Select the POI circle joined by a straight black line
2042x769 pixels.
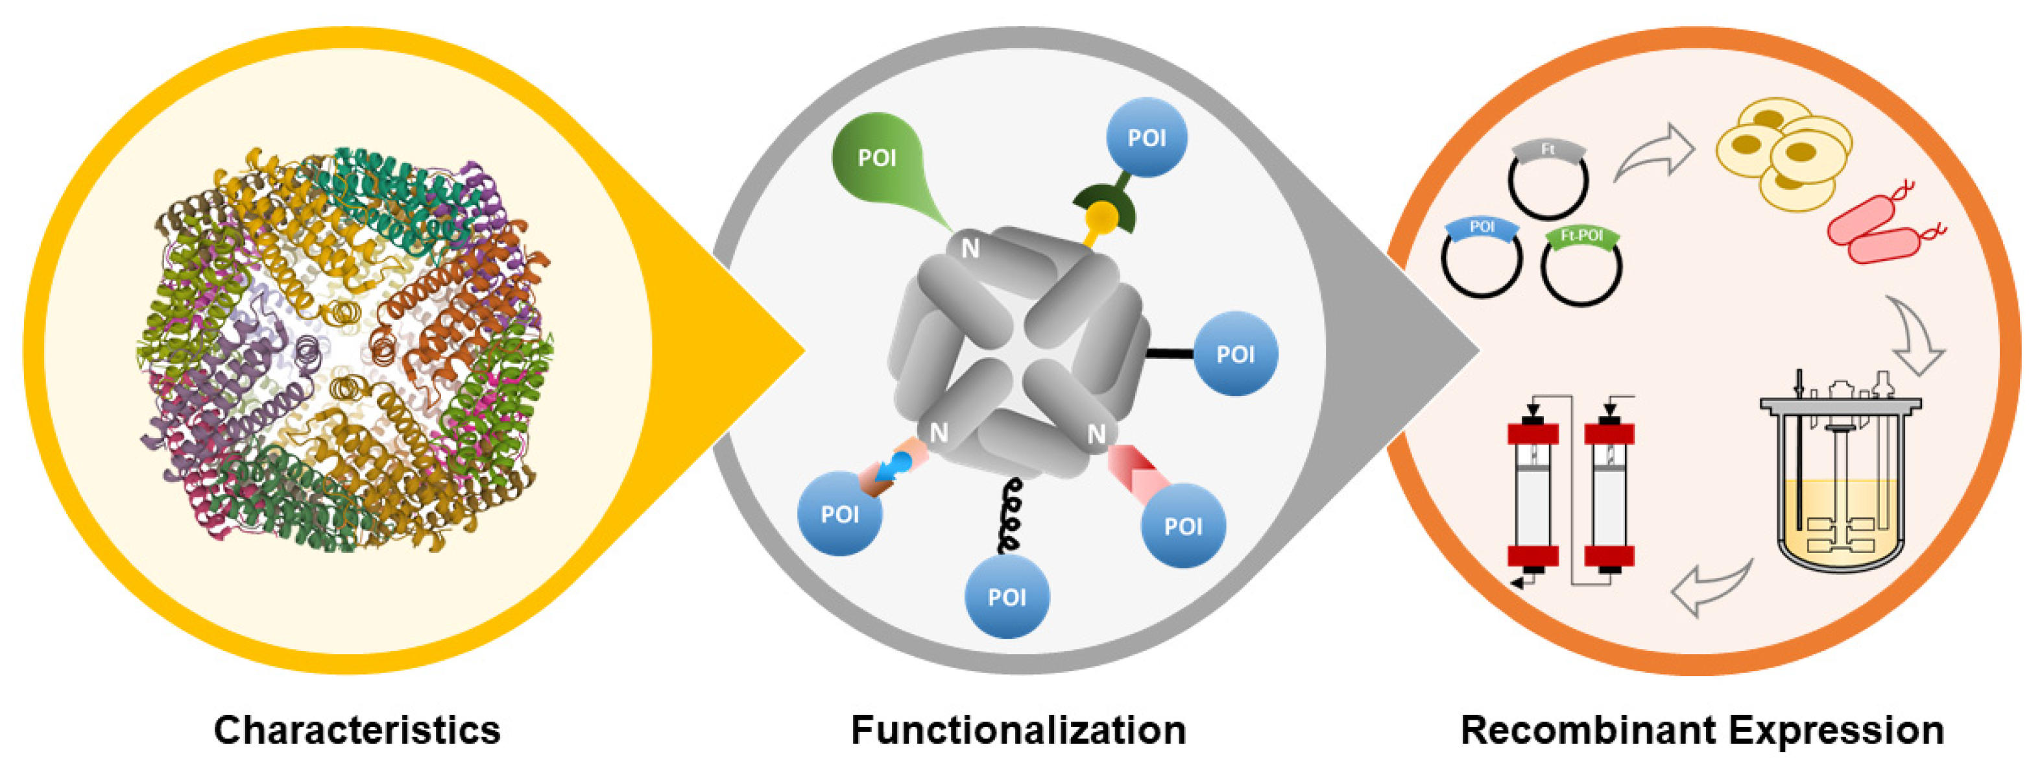pyautogui.click(x=1235, y=354)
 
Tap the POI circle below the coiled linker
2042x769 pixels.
pyautogui.click(x=1007, y=596)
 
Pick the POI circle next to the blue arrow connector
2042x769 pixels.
pyautogui.click(x=839, y=514)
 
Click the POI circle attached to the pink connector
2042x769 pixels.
pyautogui.click(x=1183, y=526)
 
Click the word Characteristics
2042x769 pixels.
pyautogui.click(x=357, y=729)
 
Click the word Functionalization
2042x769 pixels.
pyautogui.click(x=1018, y=729)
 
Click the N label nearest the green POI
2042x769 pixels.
pyautogui.click(x=970, y=249)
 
